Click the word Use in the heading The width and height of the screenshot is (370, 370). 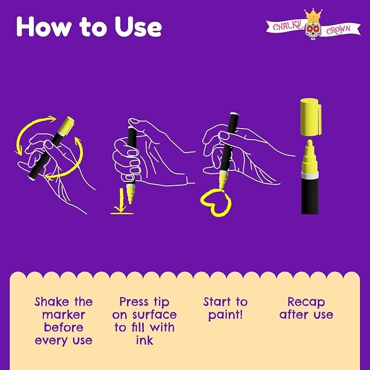pyautogui.click(x=138, y=27)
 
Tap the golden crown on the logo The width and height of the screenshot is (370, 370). pyautogui.click(x=313, y=14)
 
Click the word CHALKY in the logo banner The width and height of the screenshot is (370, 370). pyautogui.click(x=287, y=25)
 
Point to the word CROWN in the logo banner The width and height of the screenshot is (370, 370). pyautogui.click(x=338, y=30)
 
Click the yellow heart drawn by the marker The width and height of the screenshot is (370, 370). pyautogui.click(x=215, y=202)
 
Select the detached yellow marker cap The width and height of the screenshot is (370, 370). pyautogui.click(x=311, y=117)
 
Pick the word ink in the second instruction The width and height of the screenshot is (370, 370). pyautogui.click(x=144, y=340)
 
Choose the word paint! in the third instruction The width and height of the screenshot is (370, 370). pyautogui.click(x=226, y=315)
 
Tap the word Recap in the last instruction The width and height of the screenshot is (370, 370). pyautogui.click(x=306, y=302)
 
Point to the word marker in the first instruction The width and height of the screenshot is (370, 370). pyautogui.click(x=63, y=315)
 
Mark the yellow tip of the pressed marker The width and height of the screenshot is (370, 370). pyautogui.click(x=130, y=193)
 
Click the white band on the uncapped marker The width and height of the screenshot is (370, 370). pyautogui.click(x=310, y=175)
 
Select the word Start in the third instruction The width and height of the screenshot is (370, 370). pyautogui.click(x=217, y=302)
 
